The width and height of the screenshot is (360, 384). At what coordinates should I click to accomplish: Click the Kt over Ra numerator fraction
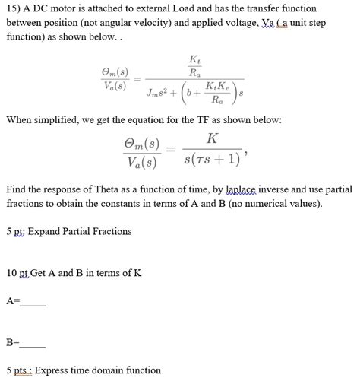click(x=195, y=66)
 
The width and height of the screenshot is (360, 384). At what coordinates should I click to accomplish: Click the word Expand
click(x=44, y=231)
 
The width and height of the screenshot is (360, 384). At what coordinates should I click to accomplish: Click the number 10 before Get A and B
click(x=11, y=273)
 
